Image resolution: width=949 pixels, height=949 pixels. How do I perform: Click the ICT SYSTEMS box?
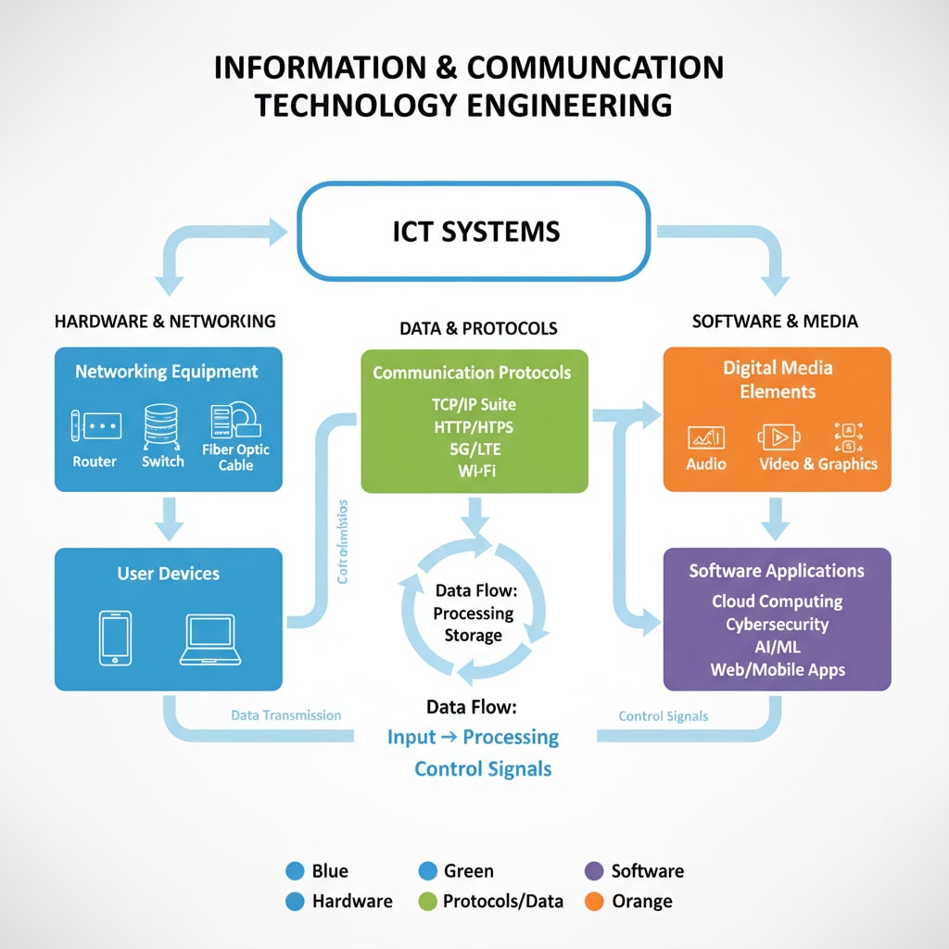pos(474,231)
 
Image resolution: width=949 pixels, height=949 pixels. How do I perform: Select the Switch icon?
pos(162,425)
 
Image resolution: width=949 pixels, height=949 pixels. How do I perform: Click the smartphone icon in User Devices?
pos(115,638)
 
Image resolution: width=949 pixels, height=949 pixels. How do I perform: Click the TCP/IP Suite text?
pos(474,404)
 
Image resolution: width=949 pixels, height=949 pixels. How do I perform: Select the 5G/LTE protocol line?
pos(474,449)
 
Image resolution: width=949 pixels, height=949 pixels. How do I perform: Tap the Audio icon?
pos(706,437)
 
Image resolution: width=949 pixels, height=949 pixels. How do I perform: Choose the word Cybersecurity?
pos(777,624)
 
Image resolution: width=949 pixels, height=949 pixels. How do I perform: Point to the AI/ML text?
pos(777,646)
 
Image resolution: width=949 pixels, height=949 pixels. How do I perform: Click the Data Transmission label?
pos(285,715)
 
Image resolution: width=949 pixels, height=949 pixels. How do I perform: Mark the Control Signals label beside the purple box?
pos(663,715)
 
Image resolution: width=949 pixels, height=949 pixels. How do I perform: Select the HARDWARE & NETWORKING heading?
pos(165,322)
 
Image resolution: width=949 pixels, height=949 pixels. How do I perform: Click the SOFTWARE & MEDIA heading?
pos(775,322)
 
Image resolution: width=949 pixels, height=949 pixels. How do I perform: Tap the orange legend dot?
pos(595,900)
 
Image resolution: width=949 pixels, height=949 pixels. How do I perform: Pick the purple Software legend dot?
pos(595,870)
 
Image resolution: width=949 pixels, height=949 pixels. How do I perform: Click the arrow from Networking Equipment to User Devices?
pos(169,519)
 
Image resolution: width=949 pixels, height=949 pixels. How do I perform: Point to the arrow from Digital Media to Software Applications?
pos(776,519)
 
